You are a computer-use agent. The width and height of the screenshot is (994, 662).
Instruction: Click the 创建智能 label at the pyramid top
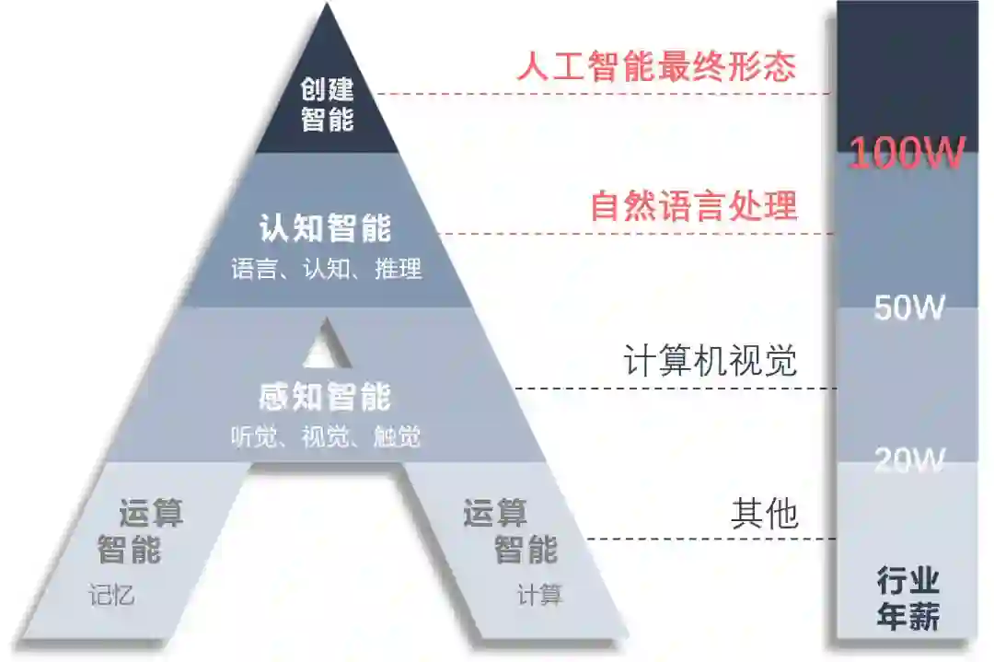328,104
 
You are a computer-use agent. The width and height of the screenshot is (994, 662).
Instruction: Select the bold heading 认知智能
325,227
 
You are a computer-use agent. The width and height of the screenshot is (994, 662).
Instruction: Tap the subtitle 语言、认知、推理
326,269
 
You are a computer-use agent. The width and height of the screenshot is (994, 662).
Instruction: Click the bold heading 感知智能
325,397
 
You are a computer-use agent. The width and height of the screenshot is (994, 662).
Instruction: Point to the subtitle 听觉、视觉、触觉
326,436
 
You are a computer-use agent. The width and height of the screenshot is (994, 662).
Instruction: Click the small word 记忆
111,595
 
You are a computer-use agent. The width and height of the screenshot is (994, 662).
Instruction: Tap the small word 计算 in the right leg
539,595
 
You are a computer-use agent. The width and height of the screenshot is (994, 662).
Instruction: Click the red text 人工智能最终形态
655,67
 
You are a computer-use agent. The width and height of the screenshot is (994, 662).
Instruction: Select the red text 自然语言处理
693,205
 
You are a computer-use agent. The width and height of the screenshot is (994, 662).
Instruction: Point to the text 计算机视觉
710,361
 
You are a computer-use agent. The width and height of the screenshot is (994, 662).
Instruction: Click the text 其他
764,514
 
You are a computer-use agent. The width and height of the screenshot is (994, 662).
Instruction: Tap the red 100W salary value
907,153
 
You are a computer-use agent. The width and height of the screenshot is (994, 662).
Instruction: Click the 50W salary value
908,308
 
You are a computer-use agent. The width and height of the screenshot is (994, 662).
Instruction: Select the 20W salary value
908,459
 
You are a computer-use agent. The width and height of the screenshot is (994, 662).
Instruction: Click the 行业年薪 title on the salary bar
907,599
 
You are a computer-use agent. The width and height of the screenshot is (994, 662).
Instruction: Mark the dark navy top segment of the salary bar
907,64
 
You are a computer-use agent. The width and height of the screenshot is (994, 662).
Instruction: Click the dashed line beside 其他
709,539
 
